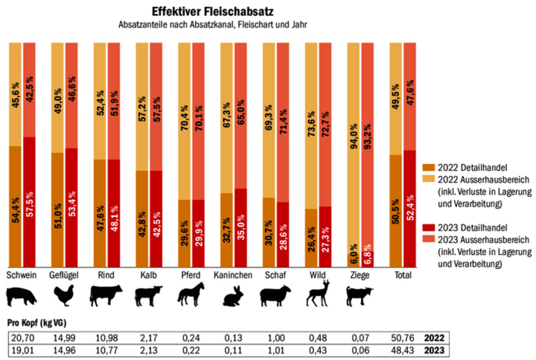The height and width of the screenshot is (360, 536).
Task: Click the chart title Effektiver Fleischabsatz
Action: pos(212,11)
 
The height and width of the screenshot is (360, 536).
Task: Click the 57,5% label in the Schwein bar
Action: pos(30,204)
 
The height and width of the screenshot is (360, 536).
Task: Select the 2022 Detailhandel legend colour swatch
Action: pos(429,168)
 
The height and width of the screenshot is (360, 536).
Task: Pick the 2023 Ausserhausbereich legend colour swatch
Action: pos(429,239)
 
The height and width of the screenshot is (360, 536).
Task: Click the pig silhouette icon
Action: pos(21,296)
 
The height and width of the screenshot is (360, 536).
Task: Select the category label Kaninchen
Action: pos(233,275)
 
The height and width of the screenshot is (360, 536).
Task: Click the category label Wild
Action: pos(317,275)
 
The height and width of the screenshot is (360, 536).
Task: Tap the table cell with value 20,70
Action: pos(22,338)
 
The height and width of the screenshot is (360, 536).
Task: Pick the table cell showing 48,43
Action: pos(403,350)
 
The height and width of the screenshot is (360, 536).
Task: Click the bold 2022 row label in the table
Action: pos(434,338)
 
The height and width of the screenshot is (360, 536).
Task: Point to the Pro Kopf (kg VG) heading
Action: pos(37,323)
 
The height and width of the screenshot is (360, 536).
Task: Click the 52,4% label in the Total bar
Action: pos(410,208)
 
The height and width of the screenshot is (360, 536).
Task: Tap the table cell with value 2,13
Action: pos(149,350)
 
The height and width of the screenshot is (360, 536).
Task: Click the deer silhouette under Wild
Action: pos(318,294)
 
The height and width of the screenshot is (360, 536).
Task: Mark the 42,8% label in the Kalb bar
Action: pos(142,224)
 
